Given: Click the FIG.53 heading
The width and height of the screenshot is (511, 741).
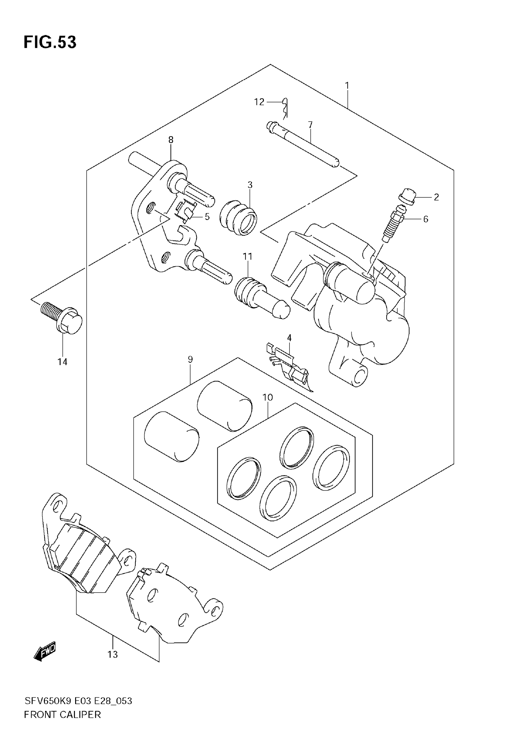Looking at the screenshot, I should (x=50, y=42).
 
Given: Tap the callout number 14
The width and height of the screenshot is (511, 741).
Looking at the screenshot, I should (x=63, y=362).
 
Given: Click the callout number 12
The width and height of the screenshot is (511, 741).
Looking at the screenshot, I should (x=259, y=102).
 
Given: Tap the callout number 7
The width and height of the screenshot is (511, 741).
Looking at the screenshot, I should (x=310, y=124).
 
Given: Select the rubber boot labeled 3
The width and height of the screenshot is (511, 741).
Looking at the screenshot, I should (x=239, y=218).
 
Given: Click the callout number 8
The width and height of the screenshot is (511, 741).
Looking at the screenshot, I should (x=171, y=140).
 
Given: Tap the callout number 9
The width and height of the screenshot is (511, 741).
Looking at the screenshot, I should (x=190, y=359).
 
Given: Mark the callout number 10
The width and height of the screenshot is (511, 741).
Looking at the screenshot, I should (x=268, y=397).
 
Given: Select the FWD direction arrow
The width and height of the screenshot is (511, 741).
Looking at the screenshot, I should (x=45, y=651).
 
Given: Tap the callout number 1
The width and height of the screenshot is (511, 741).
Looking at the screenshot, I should (x=347, y=85).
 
